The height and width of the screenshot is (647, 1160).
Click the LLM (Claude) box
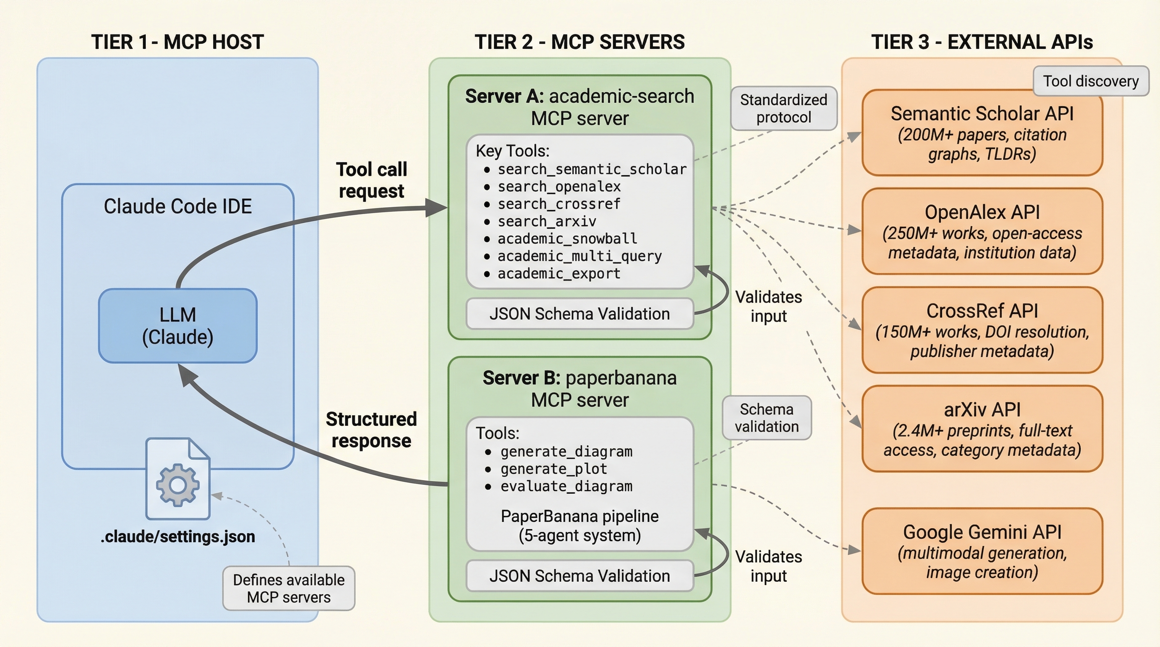[x=177, y=326]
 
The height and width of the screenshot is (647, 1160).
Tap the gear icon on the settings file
[x=177, y=485]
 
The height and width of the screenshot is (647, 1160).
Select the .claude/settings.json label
[x=177, y=536]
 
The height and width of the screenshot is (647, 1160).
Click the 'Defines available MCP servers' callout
[x=289, y=588]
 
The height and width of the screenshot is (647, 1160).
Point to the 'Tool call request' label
[x=371, y=180]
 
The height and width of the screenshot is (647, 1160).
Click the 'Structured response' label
[x=371, y=430]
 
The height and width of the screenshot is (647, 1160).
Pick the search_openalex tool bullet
[x=559, y=187]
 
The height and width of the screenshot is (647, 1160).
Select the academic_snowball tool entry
[x=567, y=238]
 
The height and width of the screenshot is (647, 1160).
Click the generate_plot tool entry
[x=553, y=469]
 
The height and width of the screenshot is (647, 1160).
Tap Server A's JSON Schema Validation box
[x=580, y=314]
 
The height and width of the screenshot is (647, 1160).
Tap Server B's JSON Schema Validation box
[x=580, y=576]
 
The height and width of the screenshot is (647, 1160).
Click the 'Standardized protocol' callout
[x=784, y=108]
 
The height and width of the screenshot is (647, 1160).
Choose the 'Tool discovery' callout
[x=1090, y=81]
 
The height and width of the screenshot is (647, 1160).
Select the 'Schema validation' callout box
[x=766, y=417]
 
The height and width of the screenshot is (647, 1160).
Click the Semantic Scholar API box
[x=982, y=133]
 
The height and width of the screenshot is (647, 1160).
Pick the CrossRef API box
[x=982, y=330]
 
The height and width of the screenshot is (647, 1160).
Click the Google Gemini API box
[x=982, y=551]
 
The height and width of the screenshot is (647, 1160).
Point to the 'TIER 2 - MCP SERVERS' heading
[x=580, y=42]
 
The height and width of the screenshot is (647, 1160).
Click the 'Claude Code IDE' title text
[x=177, y=206]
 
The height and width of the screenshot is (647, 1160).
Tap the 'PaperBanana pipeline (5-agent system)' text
[x=580, y=526]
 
